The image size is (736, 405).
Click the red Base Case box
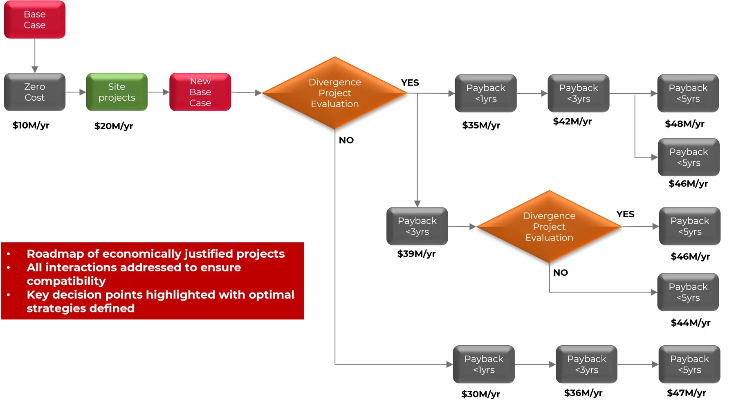tap(35, 20)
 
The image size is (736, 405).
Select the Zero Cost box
tap(35, 92)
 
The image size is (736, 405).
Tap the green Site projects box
tap(117, 92)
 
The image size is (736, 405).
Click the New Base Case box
tap(200, 92)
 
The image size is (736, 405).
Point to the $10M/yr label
tap(31, 125)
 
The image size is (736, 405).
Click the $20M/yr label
tap(114, 126)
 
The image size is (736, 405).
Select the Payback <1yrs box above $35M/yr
tap(486, 93)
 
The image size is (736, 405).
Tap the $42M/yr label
tap(572, 122)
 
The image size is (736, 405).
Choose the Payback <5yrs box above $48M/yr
tap(688, 93)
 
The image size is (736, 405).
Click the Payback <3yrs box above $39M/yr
tap(417, 226)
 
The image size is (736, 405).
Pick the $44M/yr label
tap(691, 323)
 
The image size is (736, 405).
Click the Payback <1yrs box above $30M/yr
tap(484, 364)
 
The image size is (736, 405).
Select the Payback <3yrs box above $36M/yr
tap(587, 364)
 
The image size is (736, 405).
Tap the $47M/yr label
tap(687, 393)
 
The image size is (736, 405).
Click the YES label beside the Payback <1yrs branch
tap(410, 83)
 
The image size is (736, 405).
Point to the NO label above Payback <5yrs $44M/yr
tap(561, 272)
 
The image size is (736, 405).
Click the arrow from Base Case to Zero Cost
tap(35, 56)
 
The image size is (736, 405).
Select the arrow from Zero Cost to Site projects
tap(76, 92)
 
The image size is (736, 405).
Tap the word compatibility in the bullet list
tap(66, 281)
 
